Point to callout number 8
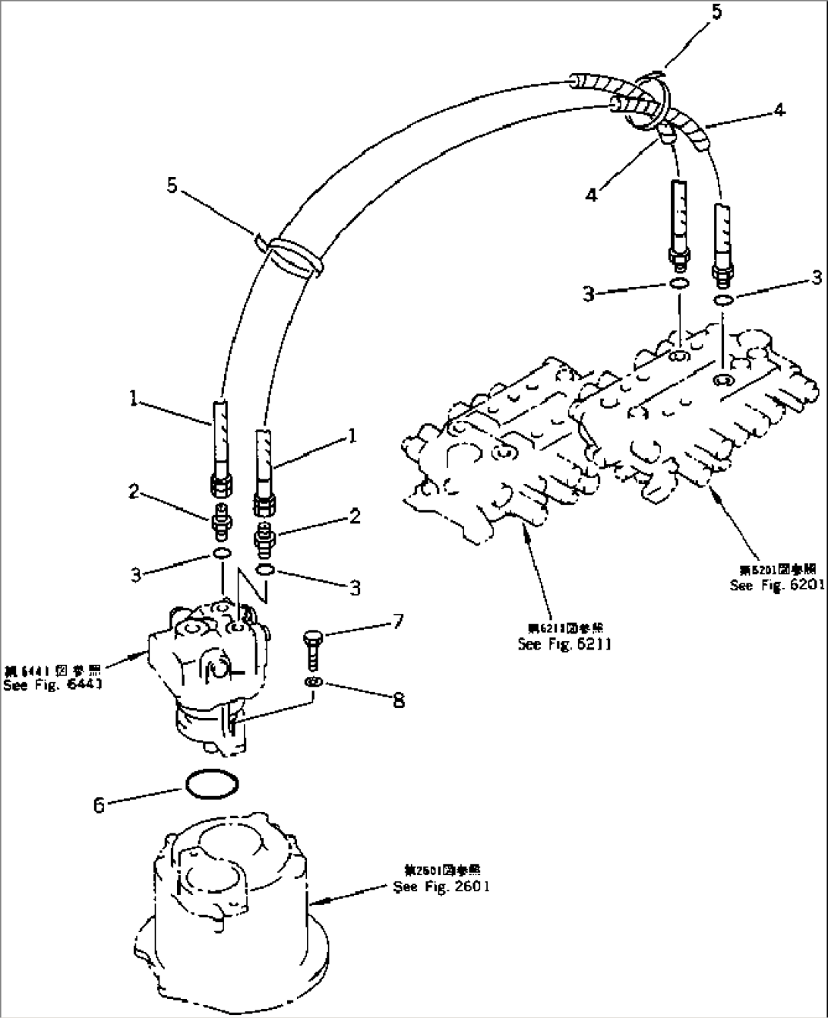[398, 700]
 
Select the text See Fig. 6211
[564, 644]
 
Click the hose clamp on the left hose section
[292, 254]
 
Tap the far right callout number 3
[816, 278]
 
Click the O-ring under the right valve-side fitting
[723, 302]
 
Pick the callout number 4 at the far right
[779, 111]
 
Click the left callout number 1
[134, 398]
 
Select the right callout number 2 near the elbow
[355, 517]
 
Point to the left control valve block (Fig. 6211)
[494, 471]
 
